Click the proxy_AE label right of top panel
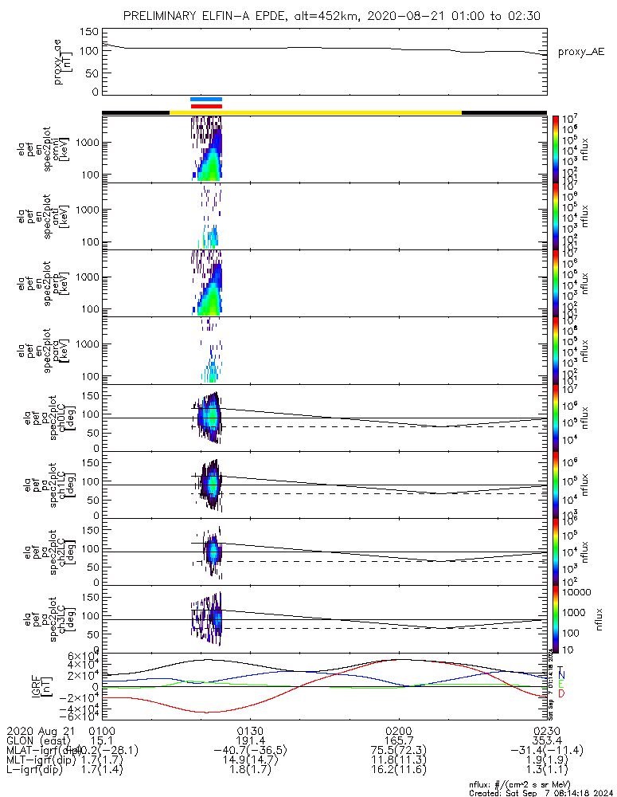[580, 52]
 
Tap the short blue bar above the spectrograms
[206, 100]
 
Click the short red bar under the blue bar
[206, 106]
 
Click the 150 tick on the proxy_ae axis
[89, 32]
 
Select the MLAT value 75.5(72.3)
[398, 750]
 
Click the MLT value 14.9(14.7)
[250, 760]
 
